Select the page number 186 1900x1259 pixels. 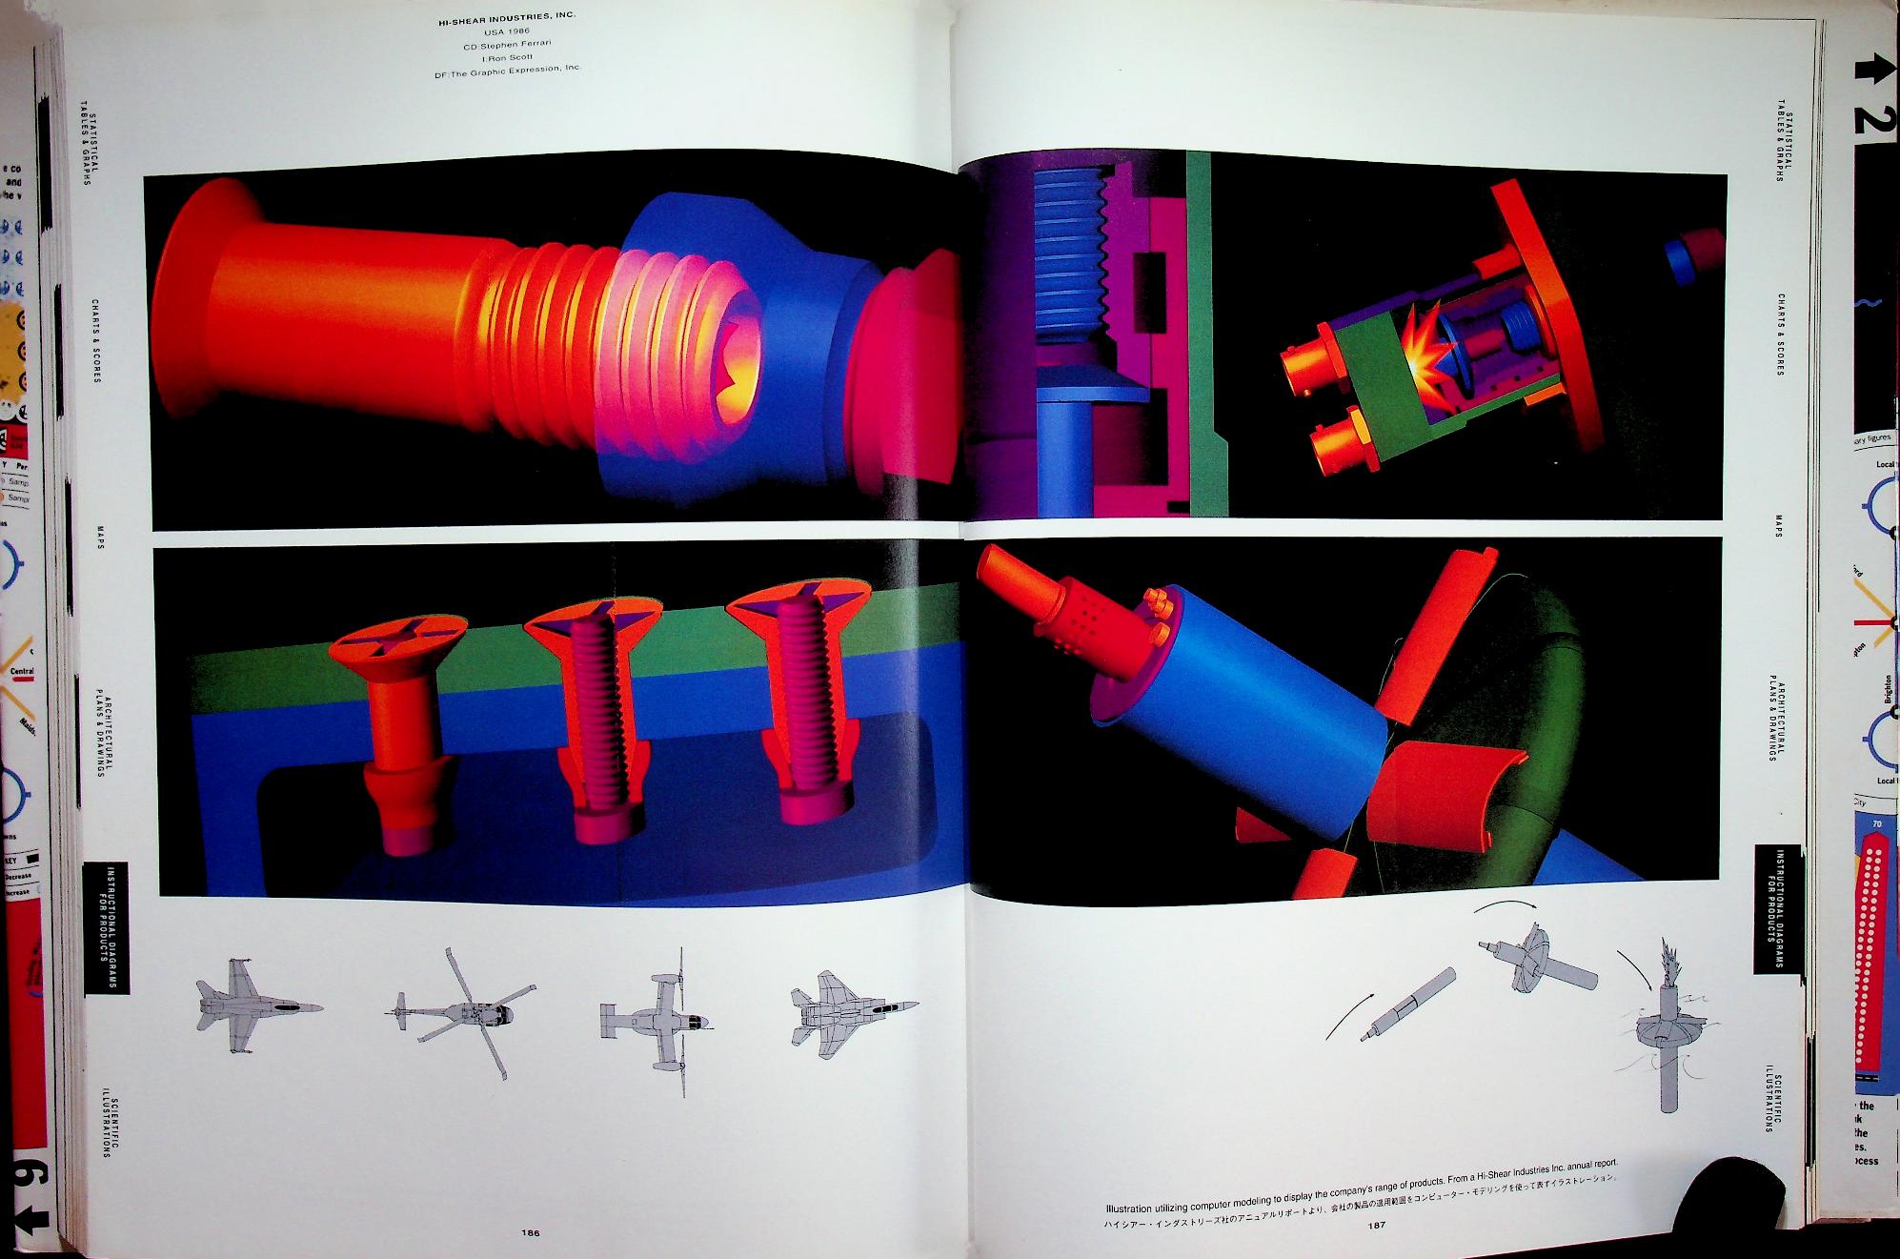point(531,1232)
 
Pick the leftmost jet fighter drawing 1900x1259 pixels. point(255,1006)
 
